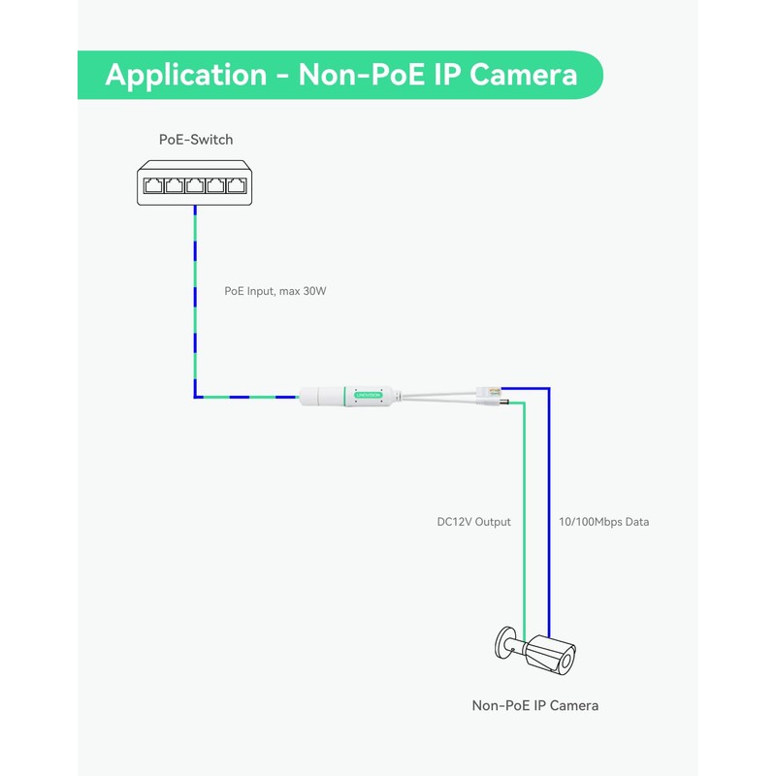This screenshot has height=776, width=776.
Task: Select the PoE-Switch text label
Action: pos(196,140)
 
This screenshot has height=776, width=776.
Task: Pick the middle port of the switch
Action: pos(196,184)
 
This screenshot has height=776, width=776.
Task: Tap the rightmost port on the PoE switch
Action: pos(238,184)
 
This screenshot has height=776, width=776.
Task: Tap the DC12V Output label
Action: pos(473,522)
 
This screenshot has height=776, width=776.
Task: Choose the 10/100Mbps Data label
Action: pos(604,522)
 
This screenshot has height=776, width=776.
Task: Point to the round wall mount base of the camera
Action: pos(501,644)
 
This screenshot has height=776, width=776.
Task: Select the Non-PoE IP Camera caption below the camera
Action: pos(534,705)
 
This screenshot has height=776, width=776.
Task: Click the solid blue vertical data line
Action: pos(548,504)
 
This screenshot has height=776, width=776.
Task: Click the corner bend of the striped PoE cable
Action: pos(196,396)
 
